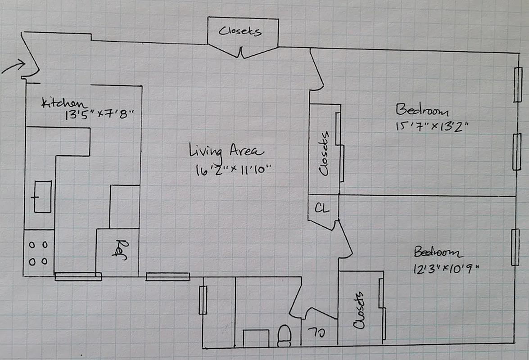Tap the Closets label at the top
click(x=240, y=31)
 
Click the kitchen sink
click(x=42, y=196)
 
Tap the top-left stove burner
click(x=33, y=245)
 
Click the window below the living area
click(x=167, y=277)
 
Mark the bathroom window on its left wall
click(x=203, y=300)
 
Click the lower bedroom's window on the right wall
click(x=515, y=247)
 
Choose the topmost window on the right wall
click(x=518, y=85)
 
